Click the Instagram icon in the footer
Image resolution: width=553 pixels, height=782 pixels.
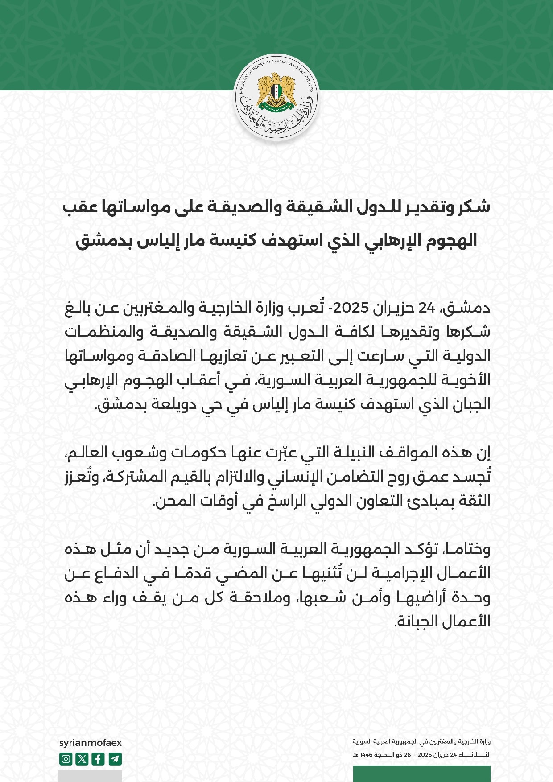point(66,759)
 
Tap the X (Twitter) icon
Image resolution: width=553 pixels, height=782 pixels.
point(82,759)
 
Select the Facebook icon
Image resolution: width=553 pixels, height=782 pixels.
point(98,759)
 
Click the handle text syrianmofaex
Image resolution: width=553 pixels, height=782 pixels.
point(90,743)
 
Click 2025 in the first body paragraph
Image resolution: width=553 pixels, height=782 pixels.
point(351,308)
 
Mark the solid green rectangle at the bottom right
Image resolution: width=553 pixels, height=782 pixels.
point(421,774)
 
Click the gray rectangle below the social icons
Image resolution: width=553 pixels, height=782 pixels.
point(90,776)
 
